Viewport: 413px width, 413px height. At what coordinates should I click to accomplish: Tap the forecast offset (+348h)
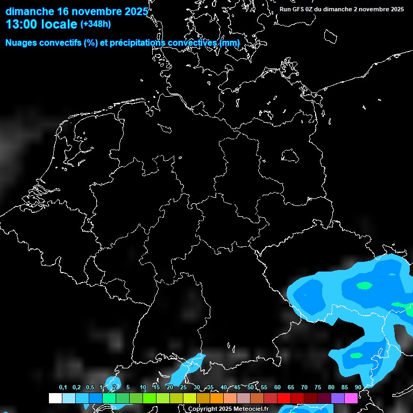96,24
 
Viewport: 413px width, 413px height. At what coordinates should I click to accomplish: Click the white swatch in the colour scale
55,398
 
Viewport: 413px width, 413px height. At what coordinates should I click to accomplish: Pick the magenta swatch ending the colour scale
351,398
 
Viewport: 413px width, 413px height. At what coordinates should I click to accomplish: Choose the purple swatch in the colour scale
338,398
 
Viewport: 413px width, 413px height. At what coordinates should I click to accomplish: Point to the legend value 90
358,388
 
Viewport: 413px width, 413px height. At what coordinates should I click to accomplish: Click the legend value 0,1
63,388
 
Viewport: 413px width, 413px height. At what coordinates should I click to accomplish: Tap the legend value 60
277,388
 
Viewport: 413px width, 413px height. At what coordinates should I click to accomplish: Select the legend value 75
318,388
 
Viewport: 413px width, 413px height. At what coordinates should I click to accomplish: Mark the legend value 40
224,388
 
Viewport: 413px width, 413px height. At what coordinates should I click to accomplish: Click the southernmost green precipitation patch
356,355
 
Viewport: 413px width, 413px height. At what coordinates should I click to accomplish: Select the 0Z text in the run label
309,9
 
